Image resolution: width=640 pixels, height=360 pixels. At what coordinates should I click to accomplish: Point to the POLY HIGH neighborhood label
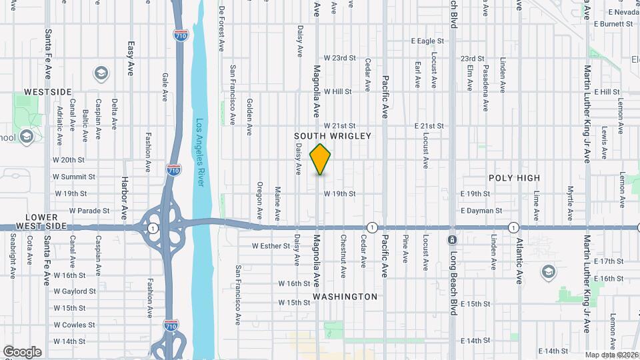tap(514, 178)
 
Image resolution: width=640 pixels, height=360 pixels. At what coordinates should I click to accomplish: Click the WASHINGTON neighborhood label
tap(345, 296)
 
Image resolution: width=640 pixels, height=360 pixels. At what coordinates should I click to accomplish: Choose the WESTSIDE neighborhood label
tap(47, 91)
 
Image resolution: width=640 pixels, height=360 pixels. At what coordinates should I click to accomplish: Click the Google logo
tap(22, 352)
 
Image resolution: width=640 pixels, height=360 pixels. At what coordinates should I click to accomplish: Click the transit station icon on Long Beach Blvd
tap(453, 240)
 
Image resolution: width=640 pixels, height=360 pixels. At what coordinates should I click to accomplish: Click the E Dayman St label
tap(481, 211)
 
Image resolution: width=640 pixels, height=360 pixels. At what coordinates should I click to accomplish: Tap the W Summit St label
tap(75, 177)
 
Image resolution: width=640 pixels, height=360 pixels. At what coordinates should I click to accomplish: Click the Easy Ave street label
tap(131, 57)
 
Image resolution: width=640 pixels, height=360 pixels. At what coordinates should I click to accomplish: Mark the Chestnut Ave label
tap(343, 251)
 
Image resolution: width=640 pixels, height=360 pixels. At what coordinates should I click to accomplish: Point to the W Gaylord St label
tap(79, 291)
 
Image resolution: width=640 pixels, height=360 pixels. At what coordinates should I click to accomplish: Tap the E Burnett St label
tap(611, 24)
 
